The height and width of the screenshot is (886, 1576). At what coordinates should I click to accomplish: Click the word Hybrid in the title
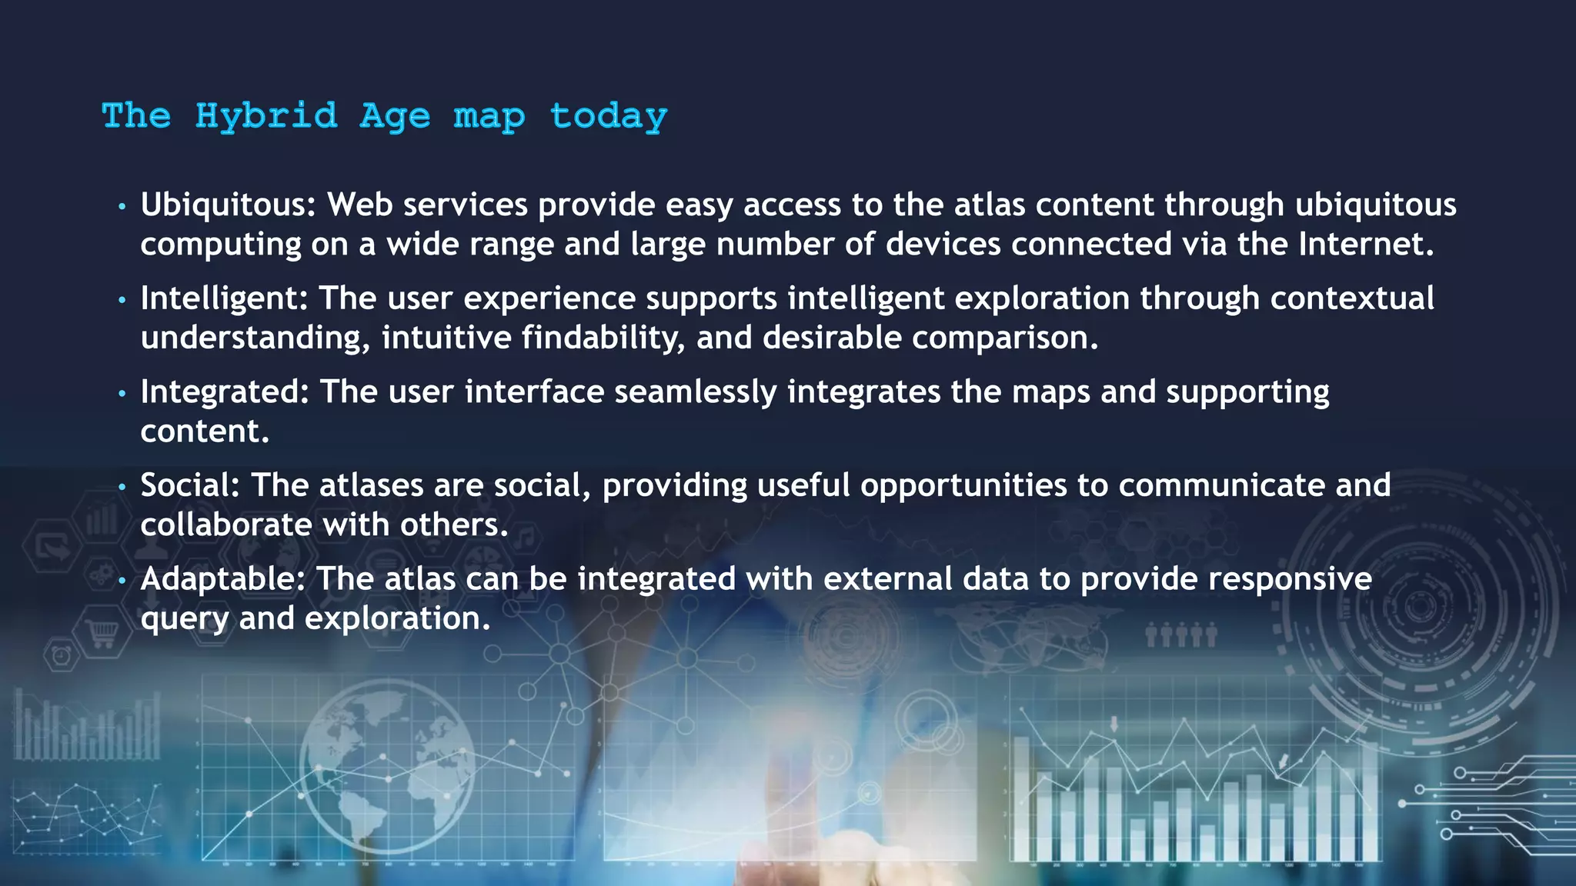click(265, 116)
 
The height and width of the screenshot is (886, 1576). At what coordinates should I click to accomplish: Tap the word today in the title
click(608, 116)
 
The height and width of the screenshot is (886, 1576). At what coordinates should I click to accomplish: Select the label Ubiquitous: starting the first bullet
click(228, 205)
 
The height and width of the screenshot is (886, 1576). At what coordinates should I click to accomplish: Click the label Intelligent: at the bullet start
click(224, 298)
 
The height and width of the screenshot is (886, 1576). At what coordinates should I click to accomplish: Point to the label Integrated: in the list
click(224, 392)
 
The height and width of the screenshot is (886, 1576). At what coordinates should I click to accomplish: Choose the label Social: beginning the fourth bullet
click(190, 485)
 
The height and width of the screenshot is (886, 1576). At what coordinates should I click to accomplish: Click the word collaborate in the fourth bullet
click(226, 525)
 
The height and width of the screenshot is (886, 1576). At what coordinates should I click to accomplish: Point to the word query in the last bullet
click(184, 619)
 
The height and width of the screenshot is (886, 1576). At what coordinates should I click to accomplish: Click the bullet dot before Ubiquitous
click(122, 207)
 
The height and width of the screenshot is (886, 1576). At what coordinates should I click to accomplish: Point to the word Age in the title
click(395, 116)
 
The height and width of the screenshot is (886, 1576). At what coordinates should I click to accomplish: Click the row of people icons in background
click(1180, 636)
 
